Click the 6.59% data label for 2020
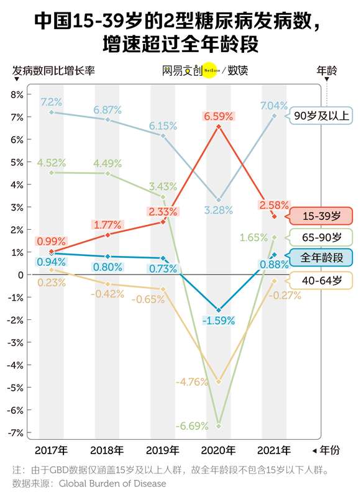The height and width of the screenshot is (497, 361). click(x=219, y=116)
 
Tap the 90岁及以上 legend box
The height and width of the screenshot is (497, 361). click(x=321, y=116)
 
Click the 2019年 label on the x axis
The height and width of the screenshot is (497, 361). click(x=163, y=450)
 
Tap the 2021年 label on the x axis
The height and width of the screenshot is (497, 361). click(x=274, y=450)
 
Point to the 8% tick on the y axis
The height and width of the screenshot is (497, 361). click(x=16, y=94)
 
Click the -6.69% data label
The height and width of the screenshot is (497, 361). click(x=192, y=426)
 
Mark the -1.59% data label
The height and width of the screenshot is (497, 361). click(x=219, y=321)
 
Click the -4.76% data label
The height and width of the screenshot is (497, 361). click(x=192, y=382)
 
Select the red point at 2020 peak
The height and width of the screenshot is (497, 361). click(x=219, y=127)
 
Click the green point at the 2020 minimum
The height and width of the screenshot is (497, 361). click(x=219, y=426)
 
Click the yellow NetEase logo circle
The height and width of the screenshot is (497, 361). click(x=210, y=71)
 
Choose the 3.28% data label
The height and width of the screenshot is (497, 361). click(x=219, y=211)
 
